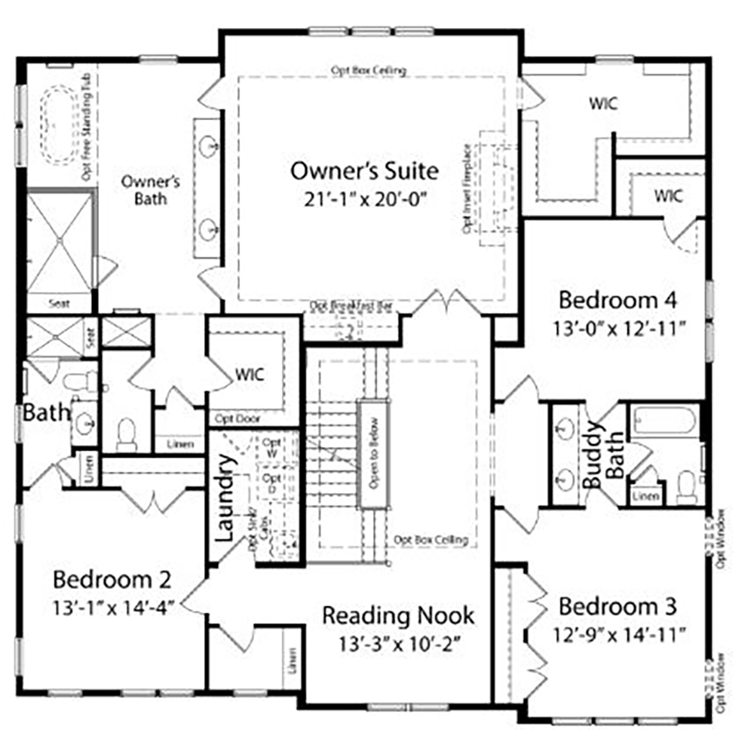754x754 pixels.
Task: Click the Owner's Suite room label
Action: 364,170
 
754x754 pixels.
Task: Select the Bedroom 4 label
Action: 618,299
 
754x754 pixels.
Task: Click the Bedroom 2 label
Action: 112,580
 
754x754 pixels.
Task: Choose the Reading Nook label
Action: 398,615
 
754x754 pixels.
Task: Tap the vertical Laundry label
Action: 226,498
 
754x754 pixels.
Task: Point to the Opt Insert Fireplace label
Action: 467,188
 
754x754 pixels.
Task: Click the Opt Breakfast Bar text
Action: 353,306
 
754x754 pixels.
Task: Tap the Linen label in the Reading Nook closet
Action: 290,661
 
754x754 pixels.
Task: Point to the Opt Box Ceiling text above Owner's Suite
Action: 369,70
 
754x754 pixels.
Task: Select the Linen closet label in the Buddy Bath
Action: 645,495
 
